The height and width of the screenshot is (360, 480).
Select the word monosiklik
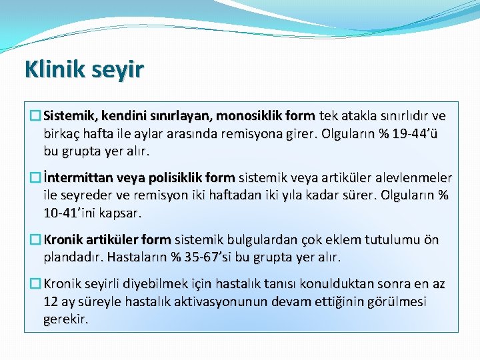[x=248, y=115]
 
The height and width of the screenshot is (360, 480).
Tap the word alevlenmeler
[x=412, y=178]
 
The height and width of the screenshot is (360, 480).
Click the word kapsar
[x=121, y=213]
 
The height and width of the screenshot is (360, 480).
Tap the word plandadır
[x=71, y=257]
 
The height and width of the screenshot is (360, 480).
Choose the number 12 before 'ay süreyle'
[x=50, y=301]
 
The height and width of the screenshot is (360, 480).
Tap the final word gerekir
[x=65, y=319]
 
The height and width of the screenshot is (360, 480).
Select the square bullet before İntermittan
[x=35, y=178]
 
